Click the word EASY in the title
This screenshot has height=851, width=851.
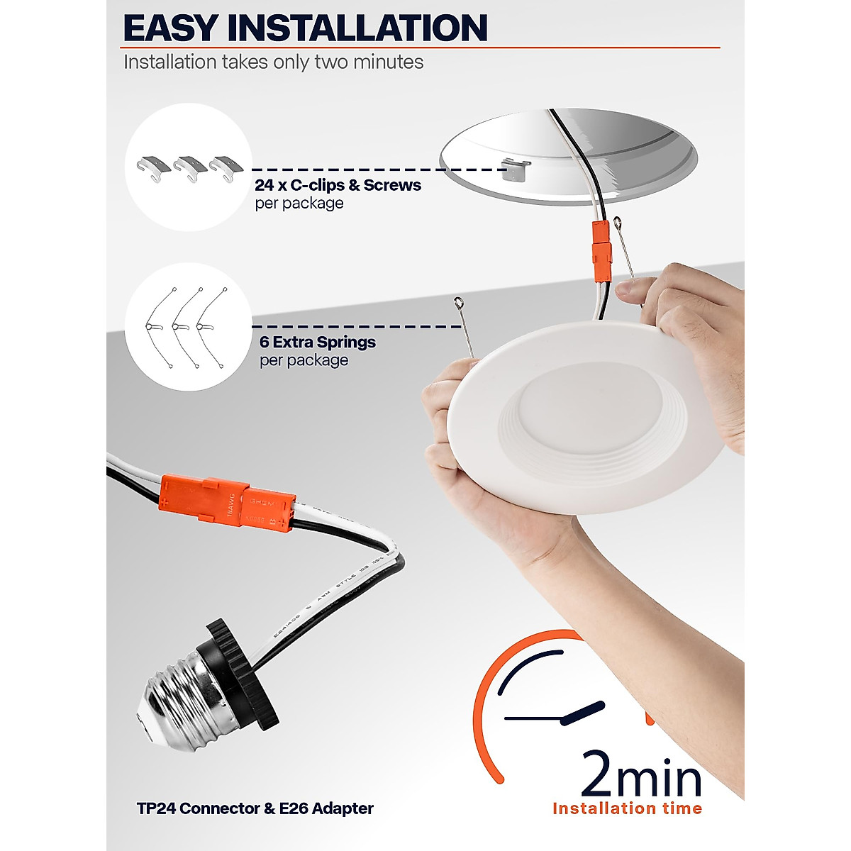coord(170,28)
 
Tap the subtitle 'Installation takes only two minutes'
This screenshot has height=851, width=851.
coord(273,62)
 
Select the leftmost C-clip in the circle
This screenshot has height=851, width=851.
coord(153,167)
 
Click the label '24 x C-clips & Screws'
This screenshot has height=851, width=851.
coord(338,185)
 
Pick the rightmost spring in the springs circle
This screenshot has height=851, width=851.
coord(213,327)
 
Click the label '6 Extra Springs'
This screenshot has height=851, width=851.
coord(317,342)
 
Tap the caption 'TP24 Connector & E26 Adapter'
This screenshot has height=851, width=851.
coord(255,808)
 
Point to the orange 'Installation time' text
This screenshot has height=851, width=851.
coord(627,808)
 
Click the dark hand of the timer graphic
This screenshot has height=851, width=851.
coord(583,713)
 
